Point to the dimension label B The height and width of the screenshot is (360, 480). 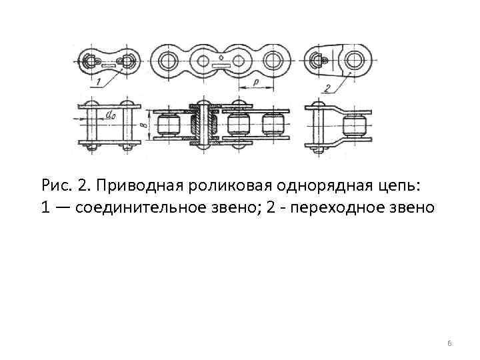pyautogui.click(x=145, y=125)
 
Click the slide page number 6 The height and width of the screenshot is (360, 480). pyautogui.click(x=449, y=343)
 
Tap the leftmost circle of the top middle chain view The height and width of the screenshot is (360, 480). pyautogui.click(x=167, y=62)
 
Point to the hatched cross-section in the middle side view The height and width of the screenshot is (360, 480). pyautogui.click(x=201, y=125)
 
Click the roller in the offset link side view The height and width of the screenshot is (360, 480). pyautogui.click(x=354, y=125)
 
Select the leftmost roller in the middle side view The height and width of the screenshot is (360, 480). pyautogui.click(x=167, y=125)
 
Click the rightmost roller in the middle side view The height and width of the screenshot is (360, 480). pyautogui.click(x=273, y=125)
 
